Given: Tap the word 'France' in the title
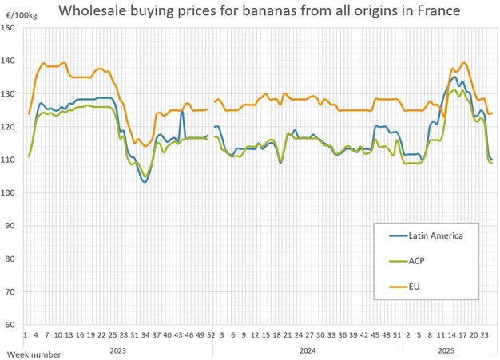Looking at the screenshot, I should pyautogui.click(x=436, y=12).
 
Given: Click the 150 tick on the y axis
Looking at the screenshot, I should pyautogui.click(x=10, y=28).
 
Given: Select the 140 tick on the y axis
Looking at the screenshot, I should pyautogui.click(x=10, y=61).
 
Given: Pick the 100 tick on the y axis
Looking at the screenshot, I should pyautogui.click(x=10, y=193).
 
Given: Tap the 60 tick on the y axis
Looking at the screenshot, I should pyautogui.click(x=12, y=325).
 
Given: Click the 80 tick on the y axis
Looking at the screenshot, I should pyautogui.click(x=12, y=259).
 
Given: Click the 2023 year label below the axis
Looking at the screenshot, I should pyautogui.click(x=118, y=350).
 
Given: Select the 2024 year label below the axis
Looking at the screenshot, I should pyautogui.click(x=308, y=350).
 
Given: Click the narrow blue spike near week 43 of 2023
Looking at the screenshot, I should pyautogui.click(x=181, y=112).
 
